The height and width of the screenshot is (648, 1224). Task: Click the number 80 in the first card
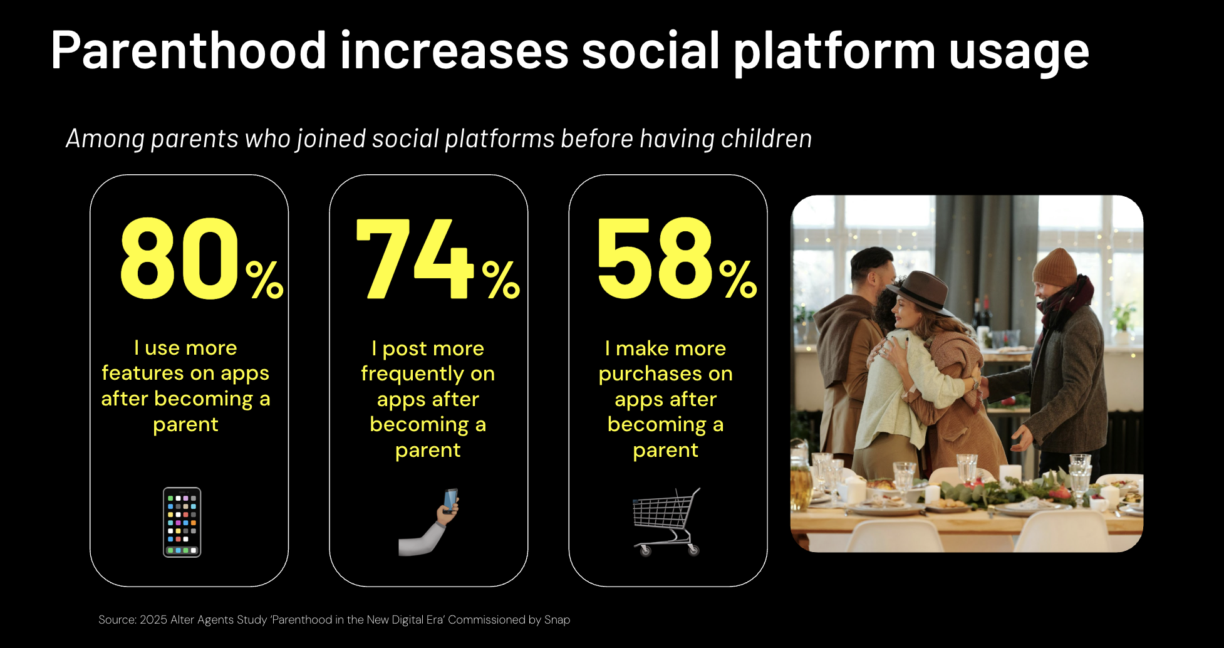tap(180, 259)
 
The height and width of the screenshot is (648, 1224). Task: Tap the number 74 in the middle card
tap(414, 259)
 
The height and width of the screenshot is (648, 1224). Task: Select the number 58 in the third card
tap(655, 258)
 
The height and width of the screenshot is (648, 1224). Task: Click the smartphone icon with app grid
tap(182, 522)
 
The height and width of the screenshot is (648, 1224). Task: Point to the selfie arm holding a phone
tap(429, 522)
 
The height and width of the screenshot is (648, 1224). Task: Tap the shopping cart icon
tap(666, 522)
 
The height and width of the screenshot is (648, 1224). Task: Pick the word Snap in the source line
tap(557, 620)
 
